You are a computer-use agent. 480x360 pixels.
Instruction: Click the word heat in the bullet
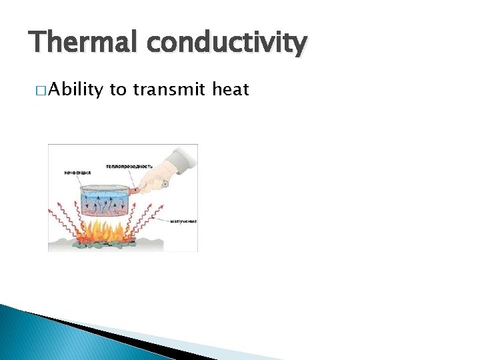(231, 89)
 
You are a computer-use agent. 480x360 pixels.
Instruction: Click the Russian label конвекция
(77, 172)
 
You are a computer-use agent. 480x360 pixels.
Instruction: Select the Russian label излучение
(183, 221)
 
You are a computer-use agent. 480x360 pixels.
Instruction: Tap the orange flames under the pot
(100, 233)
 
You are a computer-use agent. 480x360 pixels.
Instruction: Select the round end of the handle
(165, 184)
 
